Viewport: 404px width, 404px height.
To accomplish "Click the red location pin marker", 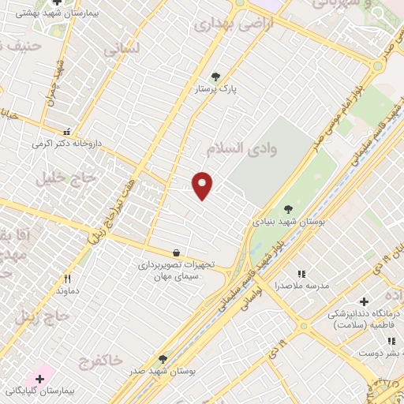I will [203, 185].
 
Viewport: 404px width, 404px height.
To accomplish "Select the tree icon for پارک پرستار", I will [216, 77].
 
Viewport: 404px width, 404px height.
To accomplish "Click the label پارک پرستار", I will [216, 90].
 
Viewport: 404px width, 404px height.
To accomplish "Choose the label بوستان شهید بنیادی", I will [288, 222].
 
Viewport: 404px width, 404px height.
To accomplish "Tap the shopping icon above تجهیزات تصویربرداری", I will [175, 253].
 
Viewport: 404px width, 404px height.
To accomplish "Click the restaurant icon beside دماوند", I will [68, 279].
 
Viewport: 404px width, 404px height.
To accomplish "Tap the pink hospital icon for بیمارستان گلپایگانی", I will [39, 379].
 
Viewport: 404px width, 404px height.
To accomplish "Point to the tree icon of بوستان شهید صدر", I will [163, 358].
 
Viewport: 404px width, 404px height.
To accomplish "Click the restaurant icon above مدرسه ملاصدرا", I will [301, 273].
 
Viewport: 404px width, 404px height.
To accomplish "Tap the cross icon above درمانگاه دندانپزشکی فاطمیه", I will [364, 301].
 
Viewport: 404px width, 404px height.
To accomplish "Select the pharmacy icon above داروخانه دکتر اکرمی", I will [66, 132].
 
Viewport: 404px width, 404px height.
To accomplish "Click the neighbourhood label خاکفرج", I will [100, 360].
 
